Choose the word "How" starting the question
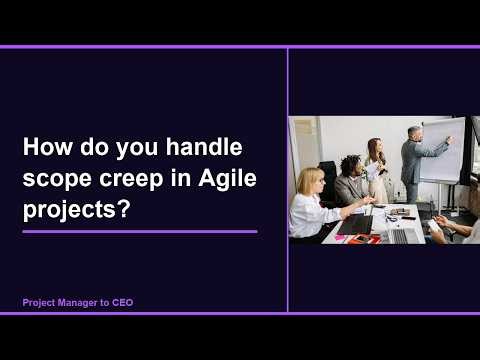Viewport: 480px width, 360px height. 46,149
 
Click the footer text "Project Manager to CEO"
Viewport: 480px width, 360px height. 77,301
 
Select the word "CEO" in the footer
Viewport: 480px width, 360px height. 121,301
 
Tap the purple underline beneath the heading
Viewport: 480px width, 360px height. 139,231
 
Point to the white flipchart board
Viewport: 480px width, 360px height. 441,150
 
